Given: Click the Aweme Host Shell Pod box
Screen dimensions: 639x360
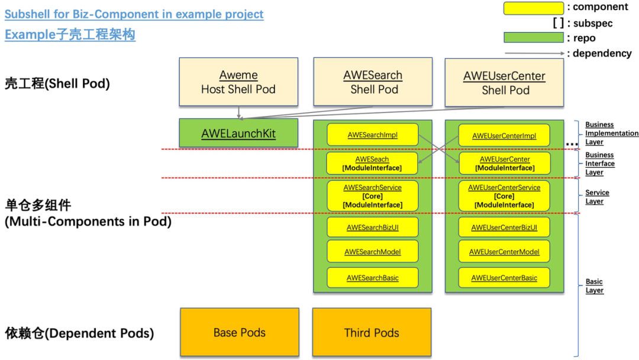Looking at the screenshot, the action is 238,82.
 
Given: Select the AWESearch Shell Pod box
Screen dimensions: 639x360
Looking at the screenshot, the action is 373,82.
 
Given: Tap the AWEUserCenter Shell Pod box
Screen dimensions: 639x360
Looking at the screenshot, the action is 504,82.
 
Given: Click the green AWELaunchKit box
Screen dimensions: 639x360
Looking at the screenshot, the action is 238,133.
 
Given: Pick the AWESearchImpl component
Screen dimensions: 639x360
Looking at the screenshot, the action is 373,134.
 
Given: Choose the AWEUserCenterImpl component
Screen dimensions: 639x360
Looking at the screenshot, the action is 504,136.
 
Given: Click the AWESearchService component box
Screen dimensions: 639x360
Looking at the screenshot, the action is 373,196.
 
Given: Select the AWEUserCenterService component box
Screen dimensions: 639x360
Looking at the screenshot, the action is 504,196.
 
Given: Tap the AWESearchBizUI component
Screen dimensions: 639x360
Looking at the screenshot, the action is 373,227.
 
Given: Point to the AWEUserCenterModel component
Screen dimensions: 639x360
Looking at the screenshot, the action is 504,252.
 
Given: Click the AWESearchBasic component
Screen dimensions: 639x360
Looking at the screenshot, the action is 373,278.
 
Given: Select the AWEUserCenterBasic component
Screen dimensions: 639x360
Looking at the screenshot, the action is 504,278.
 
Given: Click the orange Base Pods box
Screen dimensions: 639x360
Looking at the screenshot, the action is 240,332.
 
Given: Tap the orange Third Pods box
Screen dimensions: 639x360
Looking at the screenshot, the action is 372,332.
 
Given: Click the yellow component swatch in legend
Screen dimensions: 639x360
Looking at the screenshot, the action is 534,8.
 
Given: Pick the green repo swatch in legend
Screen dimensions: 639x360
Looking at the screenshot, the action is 534,37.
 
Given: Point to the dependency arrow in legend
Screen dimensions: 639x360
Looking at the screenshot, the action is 535,53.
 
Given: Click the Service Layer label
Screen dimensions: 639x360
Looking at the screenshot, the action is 597,197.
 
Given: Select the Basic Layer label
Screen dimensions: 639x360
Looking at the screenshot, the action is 594,286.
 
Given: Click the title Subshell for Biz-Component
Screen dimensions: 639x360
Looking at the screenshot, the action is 134,14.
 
